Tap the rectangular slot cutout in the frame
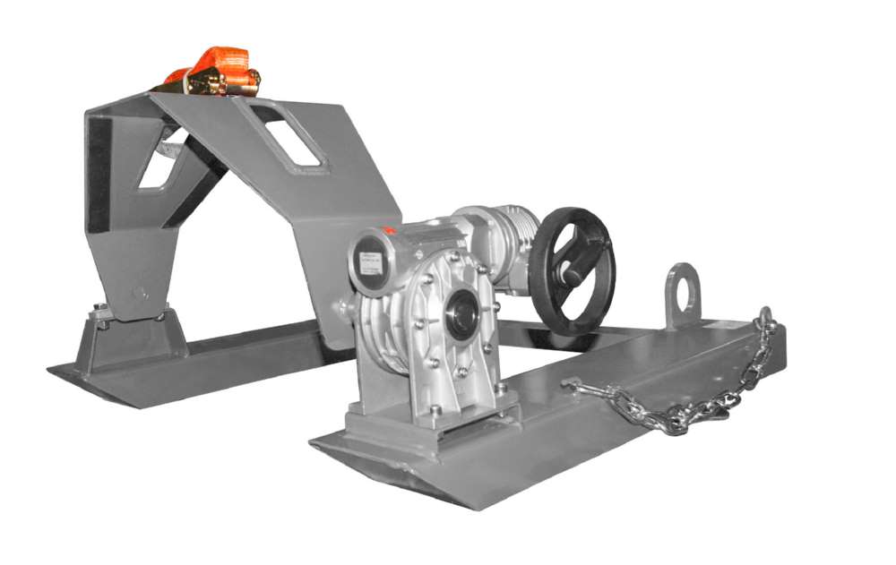290,135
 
